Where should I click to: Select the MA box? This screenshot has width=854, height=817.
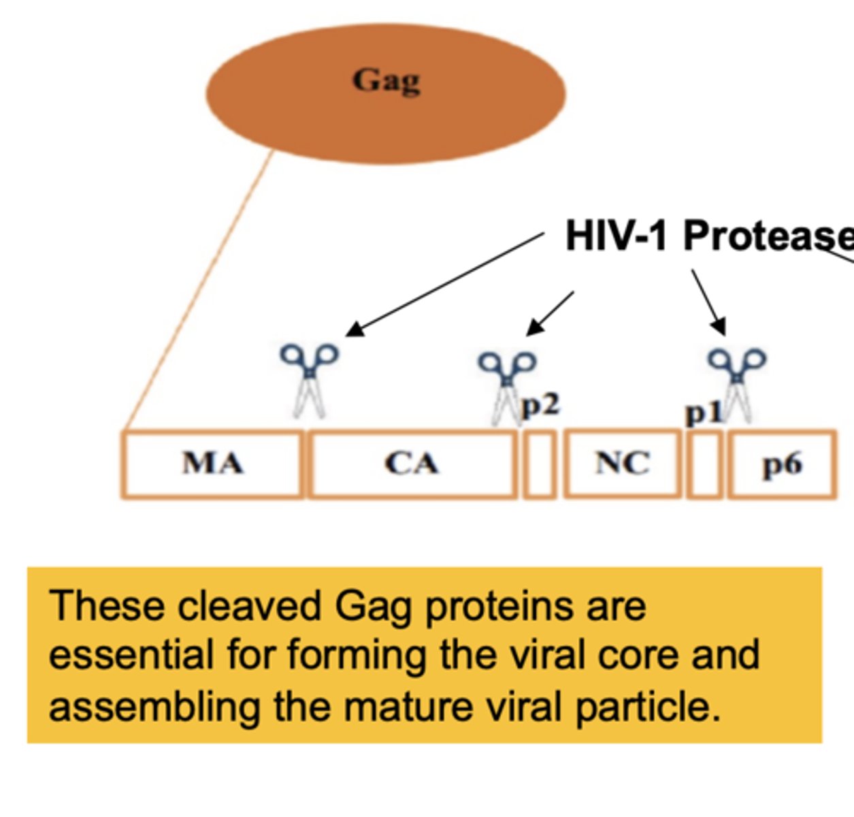[x=212, y=464]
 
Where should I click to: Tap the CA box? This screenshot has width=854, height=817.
[x=412, y=464]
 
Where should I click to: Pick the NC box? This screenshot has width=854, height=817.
[x=622, y=464]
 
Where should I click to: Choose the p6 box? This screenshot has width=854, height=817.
[x=782, y=464]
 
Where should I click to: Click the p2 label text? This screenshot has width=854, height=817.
[x=541, y=406]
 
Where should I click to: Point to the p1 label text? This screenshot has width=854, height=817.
[x=703, y=413]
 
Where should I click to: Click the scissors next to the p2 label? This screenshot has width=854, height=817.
[x=506, y=385]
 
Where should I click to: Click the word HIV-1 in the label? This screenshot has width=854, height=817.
[x=617, y=236]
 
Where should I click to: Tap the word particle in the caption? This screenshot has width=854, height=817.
[x=647, y=707]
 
